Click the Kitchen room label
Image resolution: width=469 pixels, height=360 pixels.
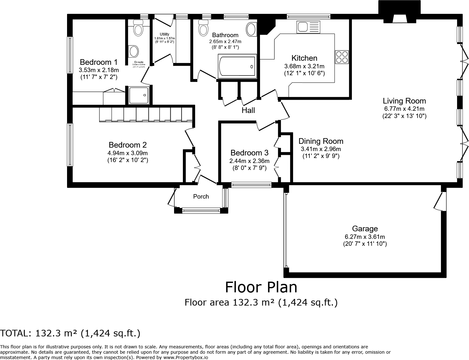point(304,58)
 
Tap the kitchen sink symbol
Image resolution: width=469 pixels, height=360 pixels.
point(308,27)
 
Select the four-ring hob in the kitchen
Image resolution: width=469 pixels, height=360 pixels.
point(342,57)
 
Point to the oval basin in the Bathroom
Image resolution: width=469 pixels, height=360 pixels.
point(251,29)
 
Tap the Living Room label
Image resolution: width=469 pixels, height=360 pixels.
point(404,101)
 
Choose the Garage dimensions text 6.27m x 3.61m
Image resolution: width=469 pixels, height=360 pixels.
point(365,237)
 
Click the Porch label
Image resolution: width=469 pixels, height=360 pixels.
point(201,197)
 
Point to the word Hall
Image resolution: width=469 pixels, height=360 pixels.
point(248,110)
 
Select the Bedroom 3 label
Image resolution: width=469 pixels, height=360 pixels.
point(249,153)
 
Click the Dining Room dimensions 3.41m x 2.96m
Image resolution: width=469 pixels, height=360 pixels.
point(321,149)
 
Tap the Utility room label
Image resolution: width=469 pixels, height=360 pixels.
point(164,34)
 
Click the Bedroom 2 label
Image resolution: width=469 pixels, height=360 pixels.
point(127,145)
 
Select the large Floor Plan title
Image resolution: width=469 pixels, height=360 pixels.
point(261,287)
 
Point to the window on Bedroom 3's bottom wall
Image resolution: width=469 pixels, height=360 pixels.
point(251,185)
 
